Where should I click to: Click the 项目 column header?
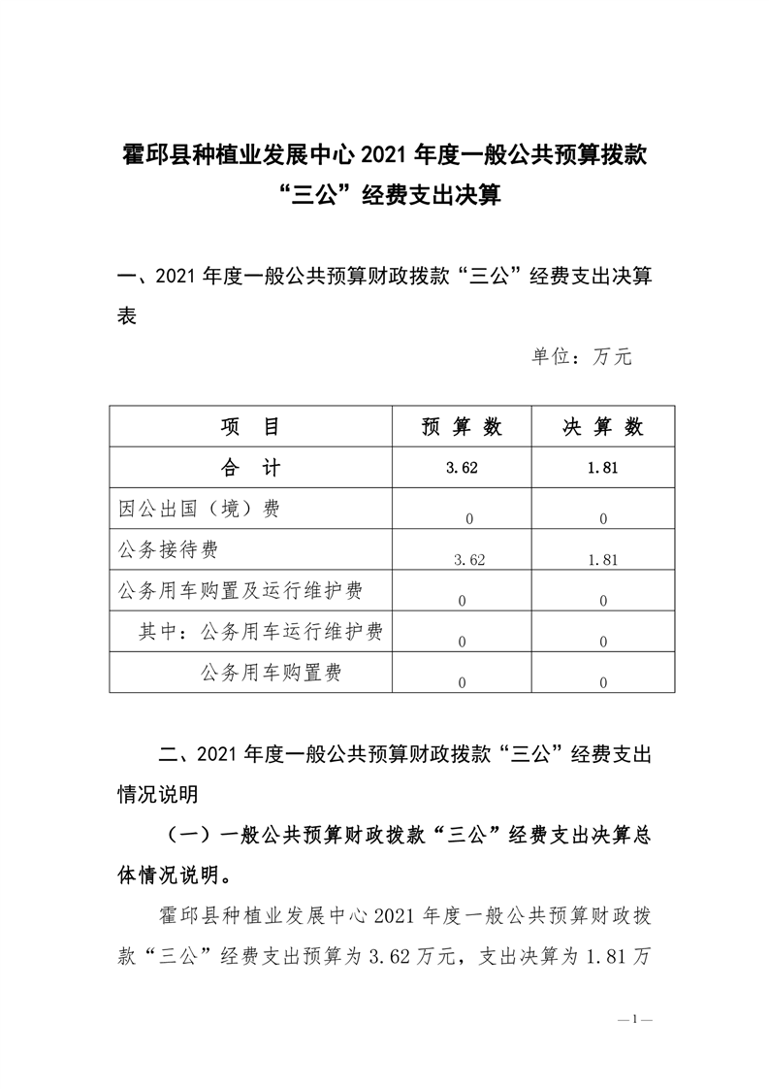click(250, 427)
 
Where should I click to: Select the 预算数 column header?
click(462, 427)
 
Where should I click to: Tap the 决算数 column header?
click(603, 427)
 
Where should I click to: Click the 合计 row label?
click(250, 468)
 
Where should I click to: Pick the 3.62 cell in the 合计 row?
click(462, 469)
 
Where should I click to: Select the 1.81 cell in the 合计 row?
click(603, 469)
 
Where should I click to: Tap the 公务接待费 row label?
click(167, 549)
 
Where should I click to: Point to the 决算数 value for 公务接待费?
click(603, 559)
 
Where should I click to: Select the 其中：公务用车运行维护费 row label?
click(260, 632)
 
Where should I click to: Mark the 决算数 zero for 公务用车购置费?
click(603, 682)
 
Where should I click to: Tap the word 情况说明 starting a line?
click(158, 794)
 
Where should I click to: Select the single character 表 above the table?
click(126, 315)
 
